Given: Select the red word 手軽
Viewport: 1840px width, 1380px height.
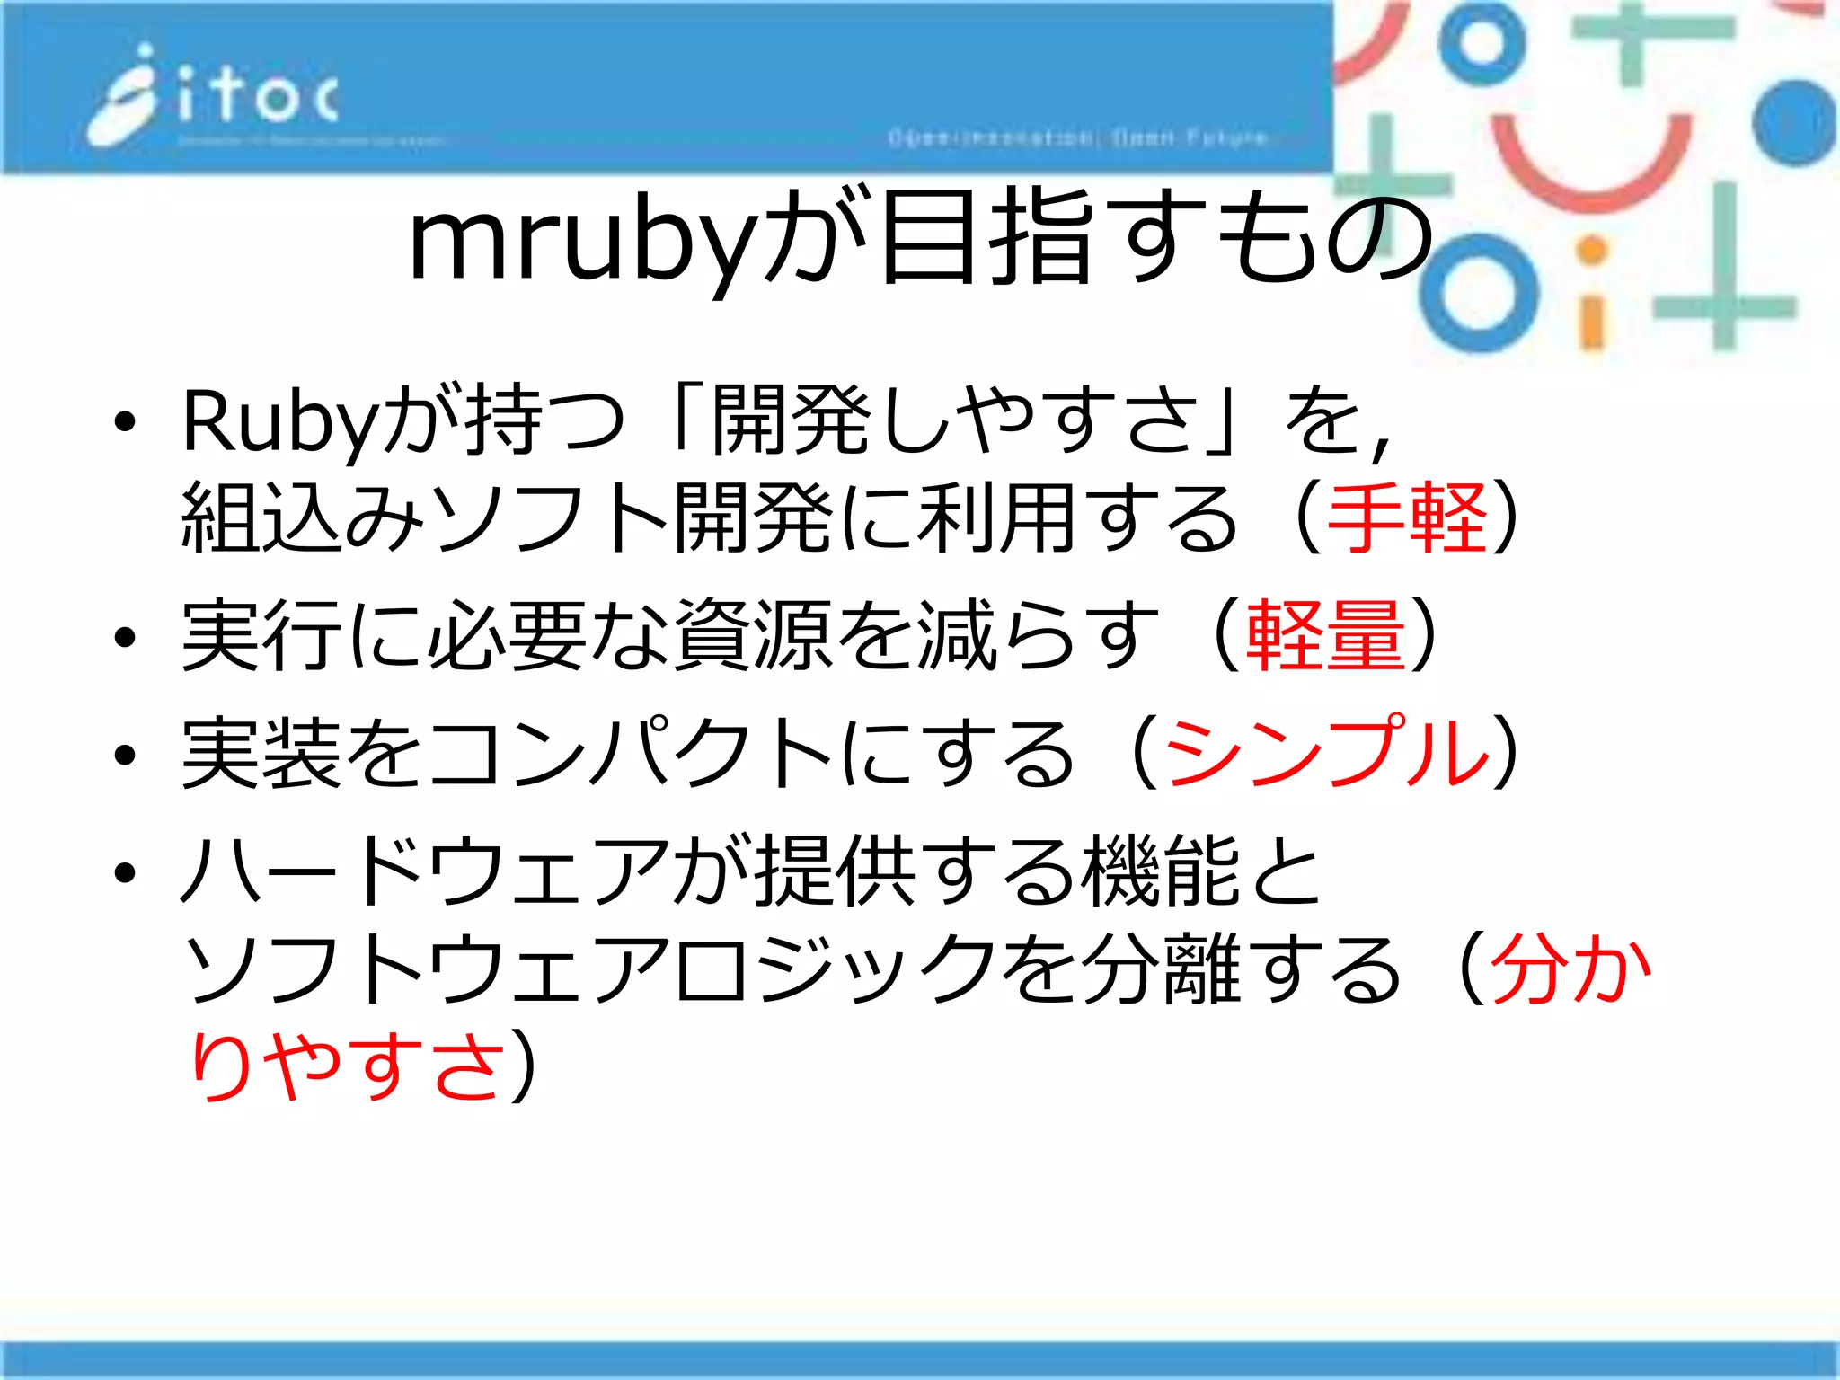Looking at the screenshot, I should tap(1407, 518).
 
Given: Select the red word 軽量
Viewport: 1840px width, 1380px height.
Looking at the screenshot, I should tap(1325, 636).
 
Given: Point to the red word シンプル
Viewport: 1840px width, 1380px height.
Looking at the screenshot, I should tap(1326, 753).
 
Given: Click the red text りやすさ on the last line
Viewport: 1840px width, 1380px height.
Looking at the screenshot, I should tap(345, 1066).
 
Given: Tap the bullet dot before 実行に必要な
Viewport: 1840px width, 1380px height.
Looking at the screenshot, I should tap(125, 638).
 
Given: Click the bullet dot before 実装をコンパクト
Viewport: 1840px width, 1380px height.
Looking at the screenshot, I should tap(125, 755).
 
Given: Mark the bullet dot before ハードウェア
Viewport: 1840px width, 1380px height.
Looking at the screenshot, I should tap(125, 871).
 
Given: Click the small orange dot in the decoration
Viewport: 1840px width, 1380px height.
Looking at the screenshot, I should tap(1591, 252).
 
